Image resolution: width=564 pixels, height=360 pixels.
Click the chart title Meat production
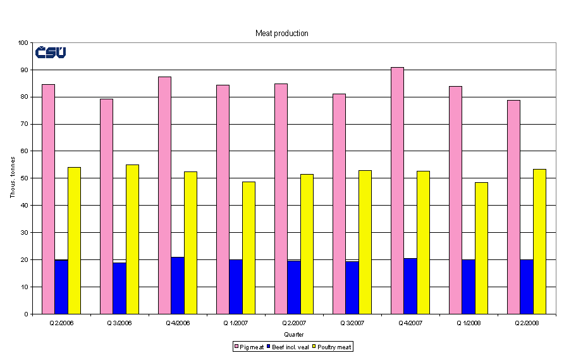tap(281, 33)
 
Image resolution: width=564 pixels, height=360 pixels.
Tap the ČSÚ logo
tap(51, 53)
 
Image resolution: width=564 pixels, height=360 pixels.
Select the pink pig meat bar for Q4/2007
tap(397, 190)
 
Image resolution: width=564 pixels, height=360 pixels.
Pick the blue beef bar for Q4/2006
tap(177, 285)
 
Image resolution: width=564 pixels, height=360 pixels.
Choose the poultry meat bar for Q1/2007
tap(248, 248)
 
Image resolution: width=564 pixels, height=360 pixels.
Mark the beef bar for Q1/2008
tap(468, 287)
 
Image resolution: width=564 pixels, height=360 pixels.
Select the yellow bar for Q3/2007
tap(365, 242)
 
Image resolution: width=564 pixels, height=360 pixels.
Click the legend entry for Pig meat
tap(249, 347)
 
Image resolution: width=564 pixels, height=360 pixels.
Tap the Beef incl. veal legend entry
tap(288, 347)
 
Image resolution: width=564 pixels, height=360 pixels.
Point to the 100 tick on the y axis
tap(25, 43)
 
